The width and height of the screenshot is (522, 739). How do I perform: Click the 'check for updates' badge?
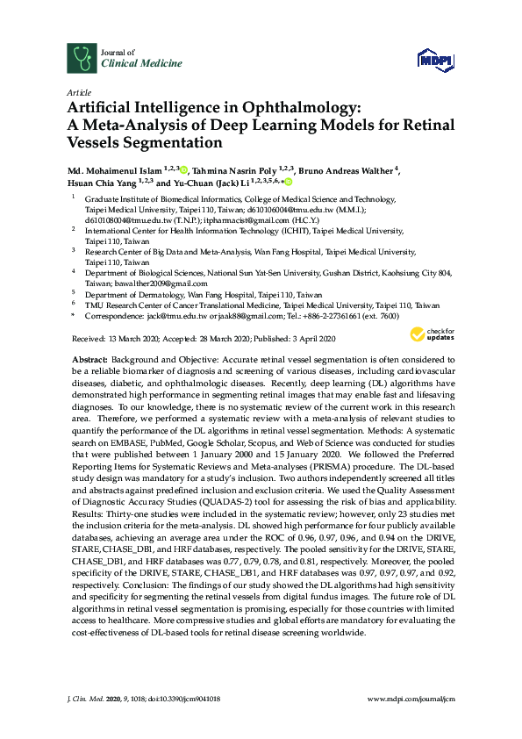(x=431, y=334)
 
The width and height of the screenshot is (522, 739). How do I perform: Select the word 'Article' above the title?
(x=78, y=91)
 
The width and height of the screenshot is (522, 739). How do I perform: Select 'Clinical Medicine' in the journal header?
(x=130, y=65)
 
